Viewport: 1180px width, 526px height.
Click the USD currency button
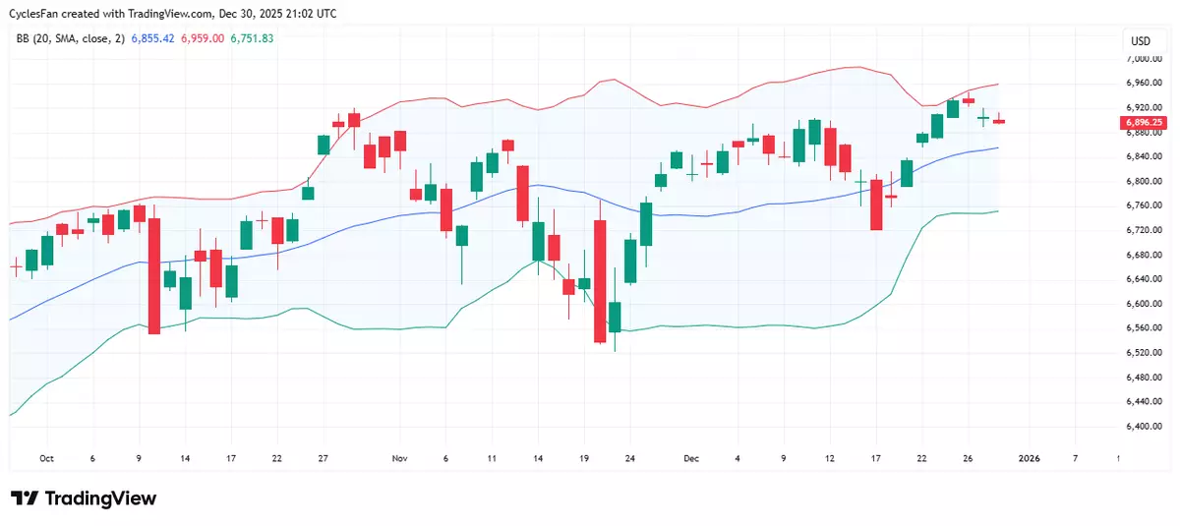[1141, 41]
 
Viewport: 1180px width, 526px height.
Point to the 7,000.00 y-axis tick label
[1150, 59]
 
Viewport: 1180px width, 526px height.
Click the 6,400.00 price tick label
[1150, 426]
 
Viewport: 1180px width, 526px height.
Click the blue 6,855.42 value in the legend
[152, 38]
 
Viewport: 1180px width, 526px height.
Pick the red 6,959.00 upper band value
[202, 38]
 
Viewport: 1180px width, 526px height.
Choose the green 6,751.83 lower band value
[252, 38]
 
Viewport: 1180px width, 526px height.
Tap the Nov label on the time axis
[399, 458]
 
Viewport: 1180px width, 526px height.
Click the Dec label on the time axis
[691, 458]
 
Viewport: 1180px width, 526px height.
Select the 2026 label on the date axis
[1029, 458]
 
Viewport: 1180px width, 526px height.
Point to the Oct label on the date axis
[46, 458]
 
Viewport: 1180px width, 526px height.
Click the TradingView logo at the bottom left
[84, 498]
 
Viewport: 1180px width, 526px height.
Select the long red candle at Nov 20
[600, 280]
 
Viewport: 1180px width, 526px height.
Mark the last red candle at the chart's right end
[999, 121]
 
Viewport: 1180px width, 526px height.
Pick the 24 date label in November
[630, 458]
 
